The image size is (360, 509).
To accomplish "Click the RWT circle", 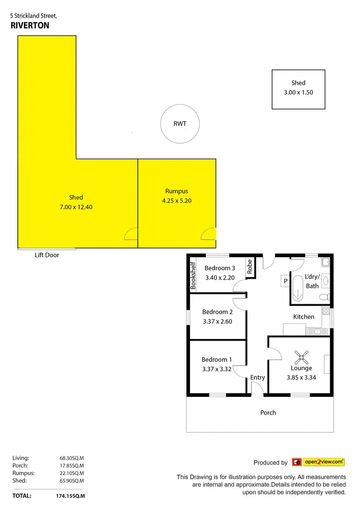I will pyautogui.click(x=180, y=124).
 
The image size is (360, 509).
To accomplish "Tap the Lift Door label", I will pyautogui.click(x=47, y=255).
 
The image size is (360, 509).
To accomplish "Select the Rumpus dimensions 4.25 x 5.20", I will pyautogui.click(x=177, y=201).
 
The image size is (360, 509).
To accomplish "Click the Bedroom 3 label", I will pyautogui.click(x=219, y=268).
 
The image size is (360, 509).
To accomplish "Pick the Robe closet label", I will pyautogui.click(x=250, y=267).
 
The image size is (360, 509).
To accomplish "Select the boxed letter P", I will pyautogui.click(x=285, y=281).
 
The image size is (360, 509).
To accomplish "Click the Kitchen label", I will pyautogui.click(x=304, y=317).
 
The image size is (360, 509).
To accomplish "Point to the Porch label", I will pyautogui.click(x=268, y=413).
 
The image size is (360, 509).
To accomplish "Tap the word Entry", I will pyautogui.click(x=258, y=378).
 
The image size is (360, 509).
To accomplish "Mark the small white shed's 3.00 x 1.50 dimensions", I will pyautogui.click(x=298, y=93).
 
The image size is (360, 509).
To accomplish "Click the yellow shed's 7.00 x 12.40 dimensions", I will pyautogui.click(x=76, y=207).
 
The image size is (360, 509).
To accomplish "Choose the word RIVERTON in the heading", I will pyautogui.click(x=30, y=26).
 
